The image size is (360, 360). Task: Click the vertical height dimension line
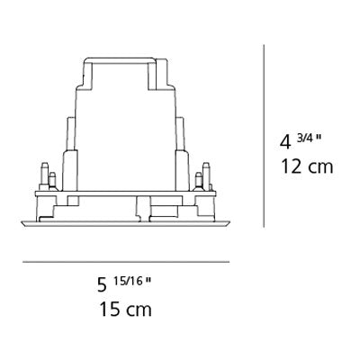click(264, 136)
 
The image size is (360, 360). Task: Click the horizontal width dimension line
click(126, 262)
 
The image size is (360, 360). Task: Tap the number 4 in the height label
click(285, 142)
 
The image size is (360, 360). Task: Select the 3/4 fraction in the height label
click(305, 138)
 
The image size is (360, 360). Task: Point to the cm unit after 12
click(320, 168)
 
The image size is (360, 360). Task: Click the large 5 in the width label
click(102, 285)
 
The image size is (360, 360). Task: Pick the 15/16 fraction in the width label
click(129, 282)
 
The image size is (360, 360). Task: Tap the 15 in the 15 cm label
click(110, 309)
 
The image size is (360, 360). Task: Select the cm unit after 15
click(139, 310)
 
